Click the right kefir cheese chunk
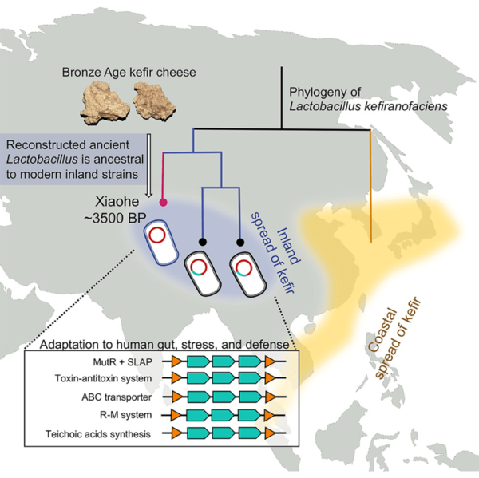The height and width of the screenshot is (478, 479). [155, 101]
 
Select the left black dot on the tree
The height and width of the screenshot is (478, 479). [203, 240]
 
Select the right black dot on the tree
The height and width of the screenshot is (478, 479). [240, 240]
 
